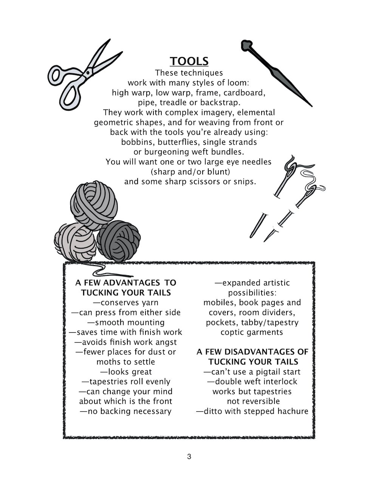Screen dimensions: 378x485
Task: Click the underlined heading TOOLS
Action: point(189,61)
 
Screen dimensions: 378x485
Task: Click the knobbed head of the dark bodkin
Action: point(247,45)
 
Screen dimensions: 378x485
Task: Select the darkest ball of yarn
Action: point(119,241)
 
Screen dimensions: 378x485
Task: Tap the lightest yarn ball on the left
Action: point(75,242)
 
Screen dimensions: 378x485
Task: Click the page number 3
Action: point(189,456)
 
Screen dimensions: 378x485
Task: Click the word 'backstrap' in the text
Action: point(220,102)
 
